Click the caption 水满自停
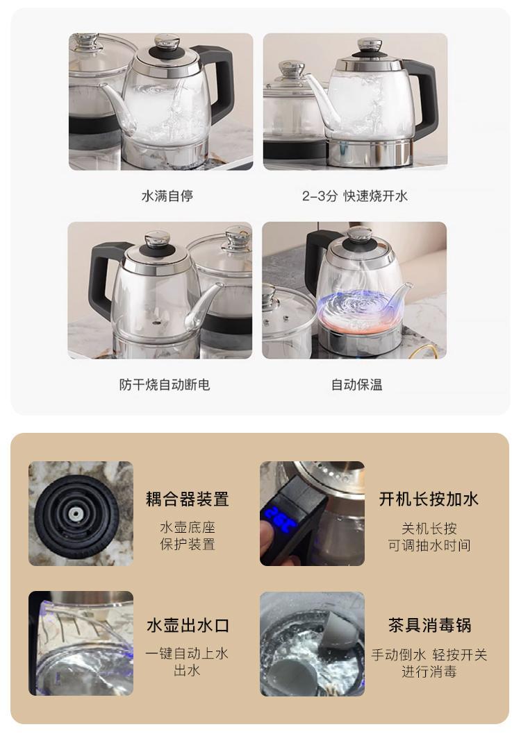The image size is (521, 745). [x=167, y=196]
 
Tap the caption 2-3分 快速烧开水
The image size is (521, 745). [x=355, y=196]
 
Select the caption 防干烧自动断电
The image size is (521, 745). [x=165, y=384]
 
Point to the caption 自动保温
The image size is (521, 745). [x=357, y=384]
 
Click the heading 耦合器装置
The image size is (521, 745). [x=188, y=499]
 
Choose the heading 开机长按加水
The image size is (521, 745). [x=429, y=499]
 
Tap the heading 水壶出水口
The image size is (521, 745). [x=188, y=625]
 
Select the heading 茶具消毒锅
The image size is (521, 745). [x=429, y=625]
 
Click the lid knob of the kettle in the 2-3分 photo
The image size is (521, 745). [x=370, y=46]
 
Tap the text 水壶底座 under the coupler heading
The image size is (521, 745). [x=188, y=527]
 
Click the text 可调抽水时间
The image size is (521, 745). [x=429, y=545]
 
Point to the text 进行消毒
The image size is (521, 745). [x=429, y=672]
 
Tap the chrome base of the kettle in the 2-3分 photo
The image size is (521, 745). [x=370, y=153]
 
